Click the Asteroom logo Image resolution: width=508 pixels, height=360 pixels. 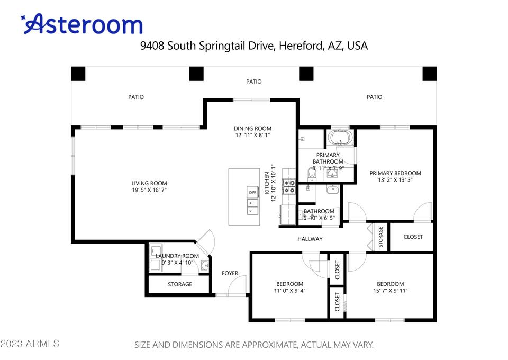point(81,24)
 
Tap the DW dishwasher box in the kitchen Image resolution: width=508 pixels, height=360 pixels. point(252,192)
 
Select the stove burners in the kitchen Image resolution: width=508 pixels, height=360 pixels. point(289,187)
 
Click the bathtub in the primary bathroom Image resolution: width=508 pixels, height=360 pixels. point(340,138)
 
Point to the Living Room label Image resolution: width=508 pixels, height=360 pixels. point(149,183)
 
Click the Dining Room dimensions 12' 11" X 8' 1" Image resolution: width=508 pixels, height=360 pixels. point(253,135)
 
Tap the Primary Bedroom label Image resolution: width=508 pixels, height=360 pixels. point(395,173)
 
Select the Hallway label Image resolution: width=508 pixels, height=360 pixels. point(310,239)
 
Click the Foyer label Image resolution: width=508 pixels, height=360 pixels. point(230,273)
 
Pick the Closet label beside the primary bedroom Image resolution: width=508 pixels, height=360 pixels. point(413,237)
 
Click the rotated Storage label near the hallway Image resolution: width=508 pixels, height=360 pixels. point(380,237)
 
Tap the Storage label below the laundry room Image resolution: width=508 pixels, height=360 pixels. point(180,284)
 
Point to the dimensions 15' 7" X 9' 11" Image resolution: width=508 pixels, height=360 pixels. point(391,291)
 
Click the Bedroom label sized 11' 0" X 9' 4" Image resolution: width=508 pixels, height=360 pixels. point(289,284)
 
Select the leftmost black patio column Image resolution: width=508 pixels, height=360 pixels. point(78,74)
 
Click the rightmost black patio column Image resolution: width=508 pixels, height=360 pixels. point(430,74)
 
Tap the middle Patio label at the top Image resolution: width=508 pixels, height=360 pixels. point(253,82)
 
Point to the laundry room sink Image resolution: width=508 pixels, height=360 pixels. point(204,266)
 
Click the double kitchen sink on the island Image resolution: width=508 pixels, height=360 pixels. point(253,206)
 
